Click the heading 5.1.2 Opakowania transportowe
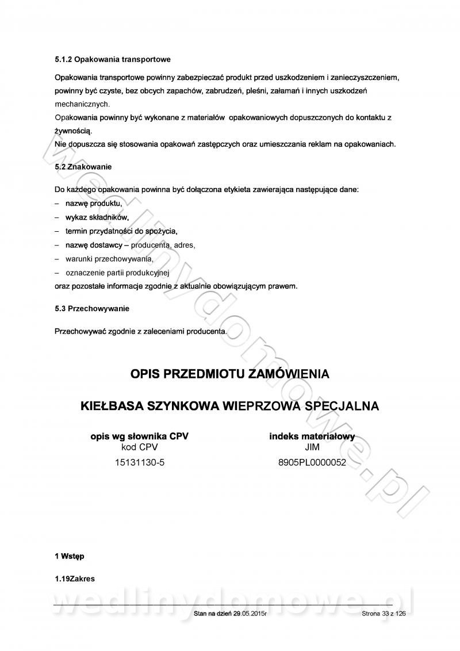pyautogui.click(x=112, y=59)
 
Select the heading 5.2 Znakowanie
pyautogui.click(x=83, y=166)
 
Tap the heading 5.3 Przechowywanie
pyautogui.click(x=92, y=309)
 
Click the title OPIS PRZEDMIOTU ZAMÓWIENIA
pyautogui.click(x=230, y=374)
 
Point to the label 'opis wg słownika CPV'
pyautogui.click(x=140, y=436)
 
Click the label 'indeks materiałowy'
pyautogui.click(x=312, y=436)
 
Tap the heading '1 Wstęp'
pyautogui.click(x=70, y=556)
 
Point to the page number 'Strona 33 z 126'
pyautogui.click(x=384, y=614)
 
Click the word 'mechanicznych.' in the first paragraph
pyautogui.click(x=82, y=104)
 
